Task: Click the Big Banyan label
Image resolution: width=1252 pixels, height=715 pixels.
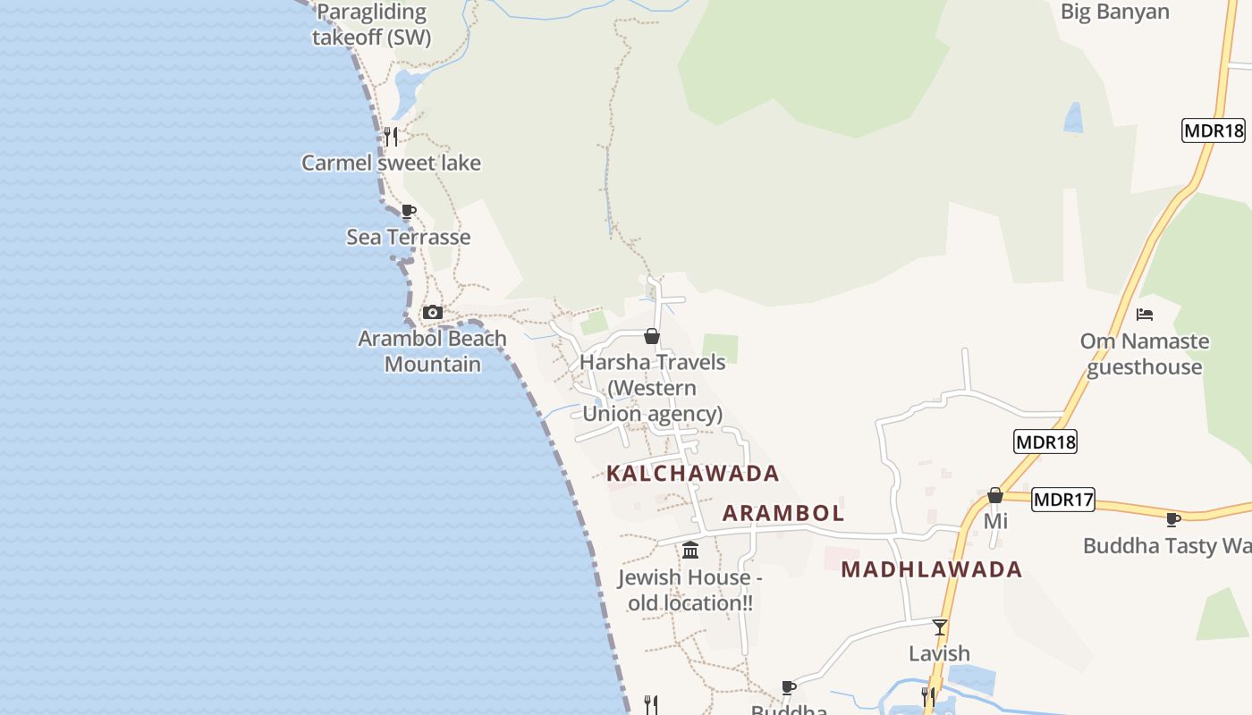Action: (x=1114, y=12)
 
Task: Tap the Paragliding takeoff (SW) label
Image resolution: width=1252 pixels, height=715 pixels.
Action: (x=371, y=25)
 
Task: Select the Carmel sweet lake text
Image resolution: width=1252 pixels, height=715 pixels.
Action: (x=391, y=163)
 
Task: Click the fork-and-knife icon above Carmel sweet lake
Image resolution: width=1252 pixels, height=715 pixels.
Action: (x=390, y=136)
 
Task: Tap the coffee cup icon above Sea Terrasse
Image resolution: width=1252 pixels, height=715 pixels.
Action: (x=409, y=212)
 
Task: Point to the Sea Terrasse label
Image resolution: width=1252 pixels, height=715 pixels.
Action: (x=408, y=237)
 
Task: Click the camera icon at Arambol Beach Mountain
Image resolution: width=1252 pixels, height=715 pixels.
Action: (x=433, y=312)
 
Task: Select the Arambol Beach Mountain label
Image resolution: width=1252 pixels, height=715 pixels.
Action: (x=433, y=351)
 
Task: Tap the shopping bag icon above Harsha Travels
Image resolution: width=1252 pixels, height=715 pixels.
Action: (x=652, y=336)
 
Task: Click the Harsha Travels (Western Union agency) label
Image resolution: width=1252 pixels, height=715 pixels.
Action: (x=652, y=388)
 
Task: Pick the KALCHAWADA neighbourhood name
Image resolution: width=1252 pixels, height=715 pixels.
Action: (x=693, y=474)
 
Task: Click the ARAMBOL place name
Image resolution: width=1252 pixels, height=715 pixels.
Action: (x=783, y=513)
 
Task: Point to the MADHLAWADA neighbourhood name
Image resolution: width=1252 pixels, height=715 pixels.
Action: (x=932, y=569)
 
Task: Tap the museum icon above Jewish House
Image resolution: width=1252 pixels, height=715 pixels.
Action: (x=690, y=550)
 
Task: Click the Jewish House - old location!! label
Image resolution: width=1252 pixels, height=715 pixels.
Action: (x=690, y=590)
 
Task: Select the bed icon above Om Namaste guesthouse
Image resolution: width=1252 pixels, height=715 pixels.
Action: (x=1145, y=315)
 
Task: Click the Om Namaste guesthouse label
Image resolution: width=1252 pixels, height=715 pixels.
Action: (x=1145, y=354)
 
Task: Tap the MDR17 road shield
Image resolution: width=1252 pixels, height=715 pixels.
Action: (x=1063, y=500)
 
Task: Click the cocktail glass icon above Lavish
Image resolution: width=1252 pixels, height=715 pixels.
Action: (x=939, y=627)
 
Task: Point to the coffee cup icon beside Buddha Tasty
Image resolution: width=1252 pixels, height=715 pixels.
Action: (x=1173, y=519)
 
